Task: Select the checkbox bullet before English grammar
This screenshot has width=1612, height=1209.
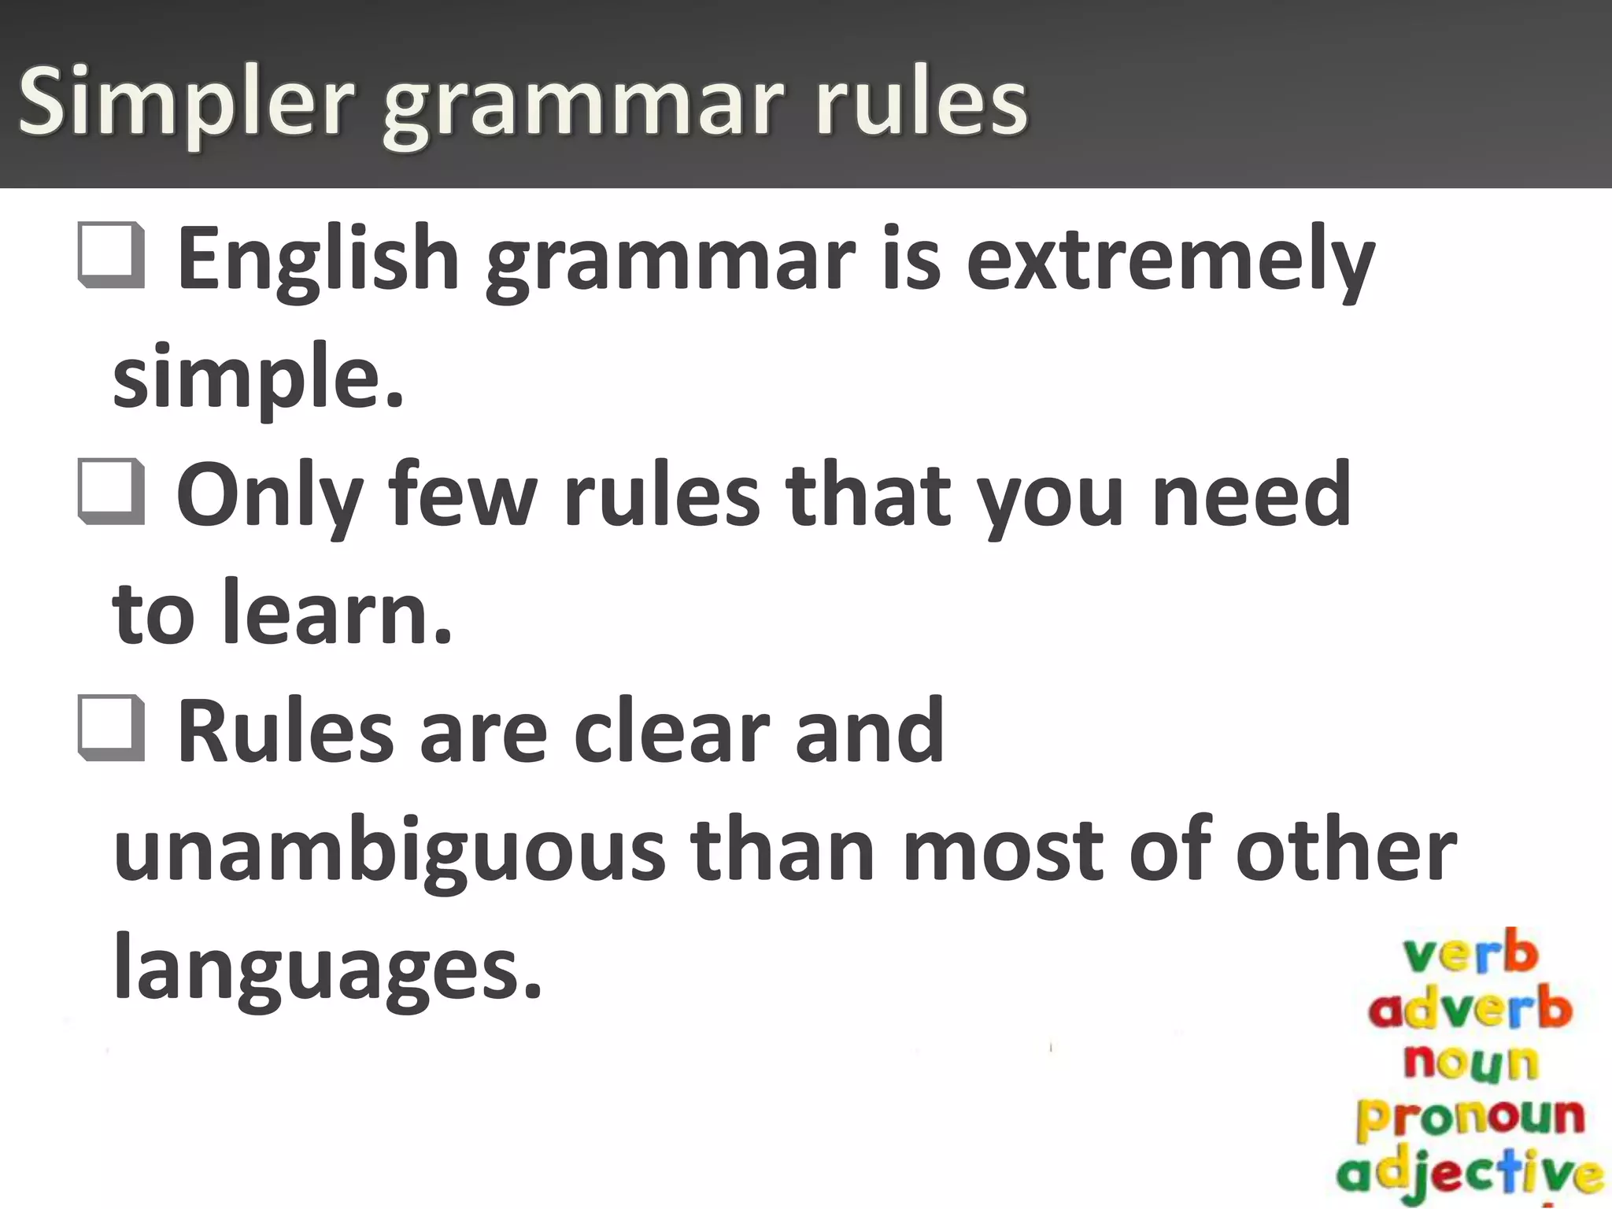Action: [112, 256]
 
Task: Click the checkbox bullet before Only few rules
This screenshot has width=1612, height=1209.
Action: [112, 493]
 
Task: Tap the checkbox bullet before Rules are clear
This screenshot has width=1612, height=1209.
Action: [112, 729]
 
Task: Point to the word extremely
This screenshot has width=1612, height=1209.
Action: [1170, 260]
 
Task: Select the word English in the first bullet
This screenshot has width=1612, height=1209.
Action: [319, 260]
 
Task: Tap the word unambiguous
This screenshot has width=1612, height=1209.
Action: [390, 850]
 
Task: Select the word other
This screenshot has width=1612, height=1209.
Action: [1346, 850]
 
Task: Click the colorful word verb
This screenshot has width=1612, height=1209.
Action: [1470, 954]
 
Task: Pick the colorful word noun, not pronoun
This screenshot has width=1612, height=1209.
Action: [1470, 1062]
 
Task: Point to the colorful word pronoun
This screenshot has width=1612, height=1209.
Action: [1470, 1116]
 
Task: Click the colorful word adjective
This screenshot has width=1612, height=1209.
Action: [1470, 1172]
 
